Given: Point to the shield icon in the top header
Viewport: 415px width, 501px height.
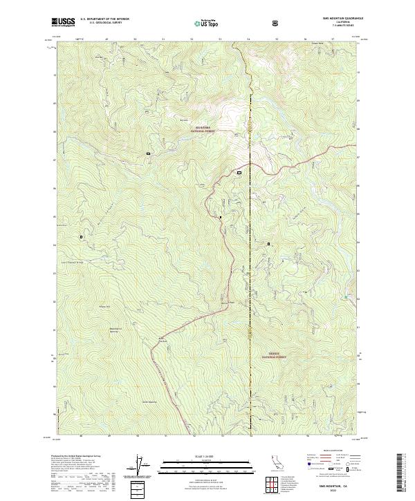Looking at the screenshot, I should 277,23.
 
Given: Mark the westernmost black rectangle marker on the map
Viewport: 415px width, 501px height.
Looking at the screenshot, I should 82,236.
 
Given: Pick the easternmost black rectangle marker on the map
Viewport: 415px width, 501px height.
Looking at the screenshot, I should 269,243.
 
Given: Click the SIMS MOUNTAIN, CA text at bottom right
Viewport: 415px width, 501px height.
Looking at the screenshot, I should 334,486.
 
